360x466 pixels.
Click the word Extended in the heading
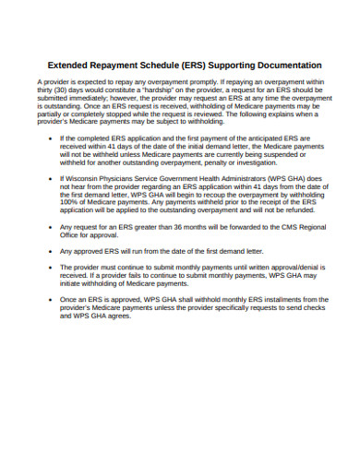[x=71, y=66]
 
